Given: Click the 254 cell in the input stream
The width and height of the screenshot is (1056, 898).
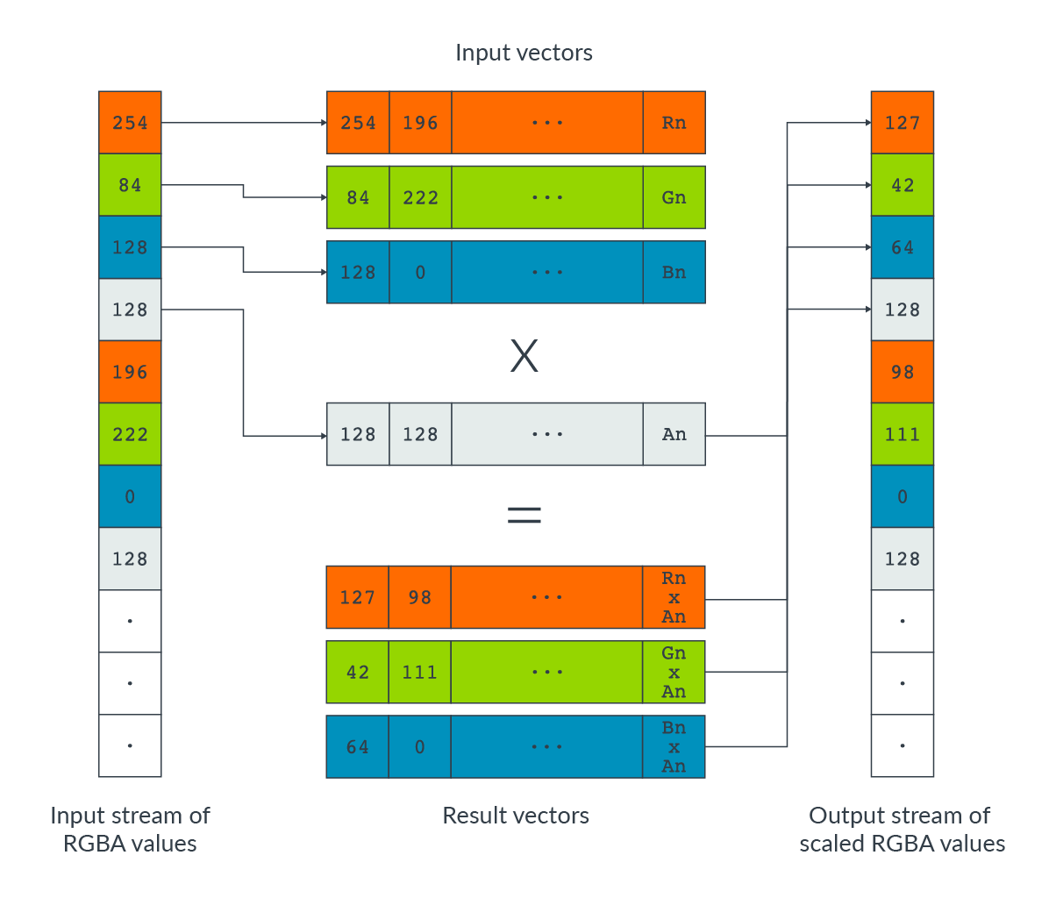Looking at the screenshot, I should [x=130, y=123].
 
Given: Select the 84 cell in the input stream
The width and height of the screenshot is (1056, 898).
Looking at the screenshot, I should [x=130, y=185].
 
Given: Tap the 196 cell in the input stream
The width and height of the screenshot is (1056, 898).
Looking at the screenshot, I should [x=130, y=372].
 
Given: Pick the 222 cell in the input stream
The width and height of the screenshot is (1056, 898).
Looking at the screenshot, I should [x=130, y=434].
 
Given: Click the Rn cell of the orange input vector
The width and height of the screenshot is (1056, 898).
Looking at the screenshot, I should [x=674, y=123].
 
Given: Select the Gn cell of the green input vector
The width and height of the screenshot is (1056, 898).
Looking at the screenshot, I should [x=674, y=197].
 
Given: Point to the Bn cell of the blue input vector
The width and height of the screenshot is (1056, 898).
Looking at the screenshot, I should [x=674, y=272].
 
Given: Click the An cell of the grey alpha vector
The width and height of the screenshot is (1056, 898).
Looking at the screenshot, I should [x=674, y=434].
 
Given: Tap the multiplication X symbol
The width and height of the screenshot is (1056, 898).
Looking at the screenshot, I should [x=524, y=356].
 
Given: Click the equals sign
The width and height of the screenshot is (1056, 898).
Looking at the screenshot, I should [x=524, y=515].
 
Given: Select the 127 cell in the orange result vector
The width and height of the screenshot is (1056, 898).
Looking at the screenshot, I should [x=358, y=597].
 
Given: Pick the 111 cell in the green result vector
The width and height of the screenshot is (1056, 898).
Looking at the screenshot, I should [x=420, y=673].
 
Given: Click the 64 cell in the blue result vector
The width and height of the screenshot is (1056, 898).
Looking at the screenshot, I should [x=358, y=747].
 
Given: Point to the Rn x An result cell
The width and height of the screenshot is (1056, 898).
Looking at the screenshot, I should [x=674, y=597].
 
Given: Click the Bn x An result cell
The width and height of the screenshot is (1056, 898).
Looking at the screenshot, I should [x=674, y=747].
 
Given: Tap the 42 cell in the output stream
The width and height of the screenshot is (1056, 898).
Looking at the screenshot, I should [x=902, y=185].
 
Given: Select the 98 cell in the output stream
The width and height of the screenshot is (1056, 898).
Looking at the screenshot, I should [x=902, y=372].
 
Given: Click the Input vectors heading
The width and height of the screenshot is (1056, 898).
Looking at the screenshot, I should [x=524, y=53].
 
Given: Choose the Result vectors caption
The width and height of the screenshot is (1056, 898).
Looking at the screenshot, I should [x=516, y=816].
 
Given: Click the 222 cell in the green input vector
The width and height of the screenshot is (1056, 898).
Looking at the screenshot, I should [x=420, y=197].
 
